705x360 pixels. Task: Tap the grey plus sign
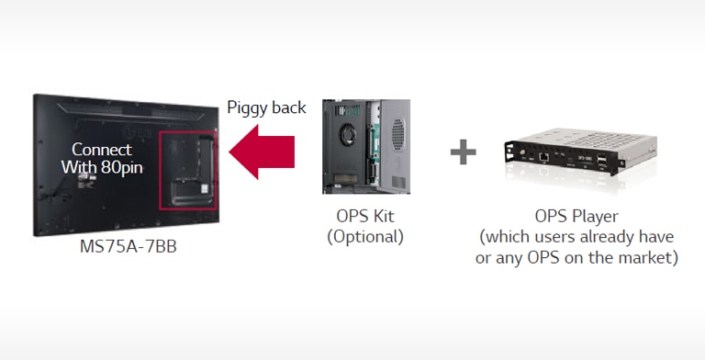tap(464, 152)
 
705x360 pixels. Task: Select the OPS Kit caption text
tap(364, 217)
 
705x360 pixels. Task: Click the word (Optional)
tap(365, 236)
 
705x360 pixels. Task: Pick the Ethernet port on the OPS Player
tap(544, 157)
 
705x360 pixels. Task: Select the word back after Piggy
tap(289, 107)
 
